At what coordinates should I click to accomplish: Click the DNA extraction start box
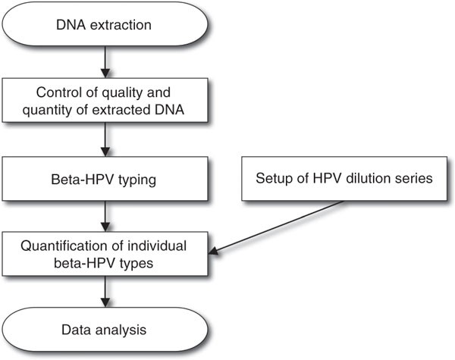105,24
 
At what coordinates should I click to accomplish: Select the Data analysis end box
105,330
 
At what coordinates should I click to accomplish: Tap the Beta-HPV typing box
105,179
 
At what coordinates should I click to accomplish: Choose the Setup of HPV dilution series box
344,179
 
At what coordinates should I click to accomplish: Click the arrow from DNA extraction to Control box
105,62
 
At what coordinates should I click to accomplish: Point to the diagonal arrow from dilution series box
277,227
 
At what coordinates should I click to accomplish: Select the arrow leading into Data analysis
105,292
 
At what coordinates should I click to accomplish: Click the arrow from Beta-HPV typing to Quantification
105,216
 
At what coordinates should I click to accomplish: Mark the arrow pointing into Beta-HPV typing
105,139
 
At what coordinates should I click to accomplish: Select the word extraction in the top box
121,25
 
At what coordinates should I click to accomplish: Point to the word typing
137,180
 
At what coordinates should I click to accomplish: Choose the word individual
157,246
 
